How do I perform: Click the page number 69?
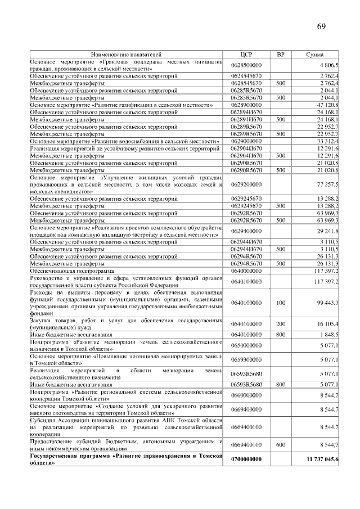tap(321, 26)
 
